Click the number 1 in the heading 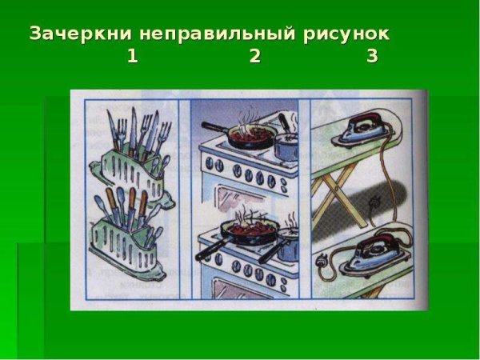tap(132, 56)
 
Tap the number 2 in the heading tap(255, 56)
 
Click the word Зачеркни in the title tap(79, 34)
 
